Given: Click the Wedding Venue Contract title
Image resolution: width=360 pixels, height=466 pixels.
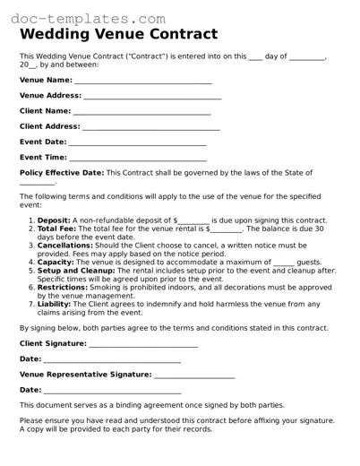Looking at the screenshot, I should coord(118,35).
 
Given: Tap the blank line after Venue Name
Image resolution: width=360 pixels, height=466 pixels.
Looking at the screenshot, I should coord(142,81).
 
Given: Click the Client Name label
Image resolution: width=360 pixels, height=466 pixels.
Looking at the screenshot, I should coord(44,111).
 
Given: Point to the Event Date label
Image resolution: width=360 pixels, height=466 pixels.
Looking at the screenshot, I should coord(43,142).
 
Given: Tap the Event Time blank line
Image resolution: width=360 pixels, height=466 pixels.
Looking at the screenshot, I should coord(138,158).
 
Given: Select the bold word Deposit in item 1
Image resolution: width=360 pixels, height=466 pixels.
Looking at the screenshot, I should coord(54,220).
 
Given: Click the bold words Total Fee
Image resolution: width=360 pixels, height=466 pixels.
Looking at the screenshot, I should coord(58,229).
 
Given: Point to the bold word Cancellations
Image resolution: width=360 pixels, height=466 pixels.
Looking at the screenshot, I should coord(64,245).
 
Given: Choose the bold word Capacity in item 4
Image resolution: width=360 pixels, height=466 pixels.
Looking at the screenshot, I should coord(56,262).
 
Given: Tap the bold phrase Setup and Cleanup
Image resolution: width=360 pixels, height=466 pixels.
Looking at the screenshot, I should coord(76,270).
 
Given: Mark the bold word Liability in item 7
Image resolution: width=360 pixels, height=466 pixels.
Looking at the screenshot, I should coord(56,304).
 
